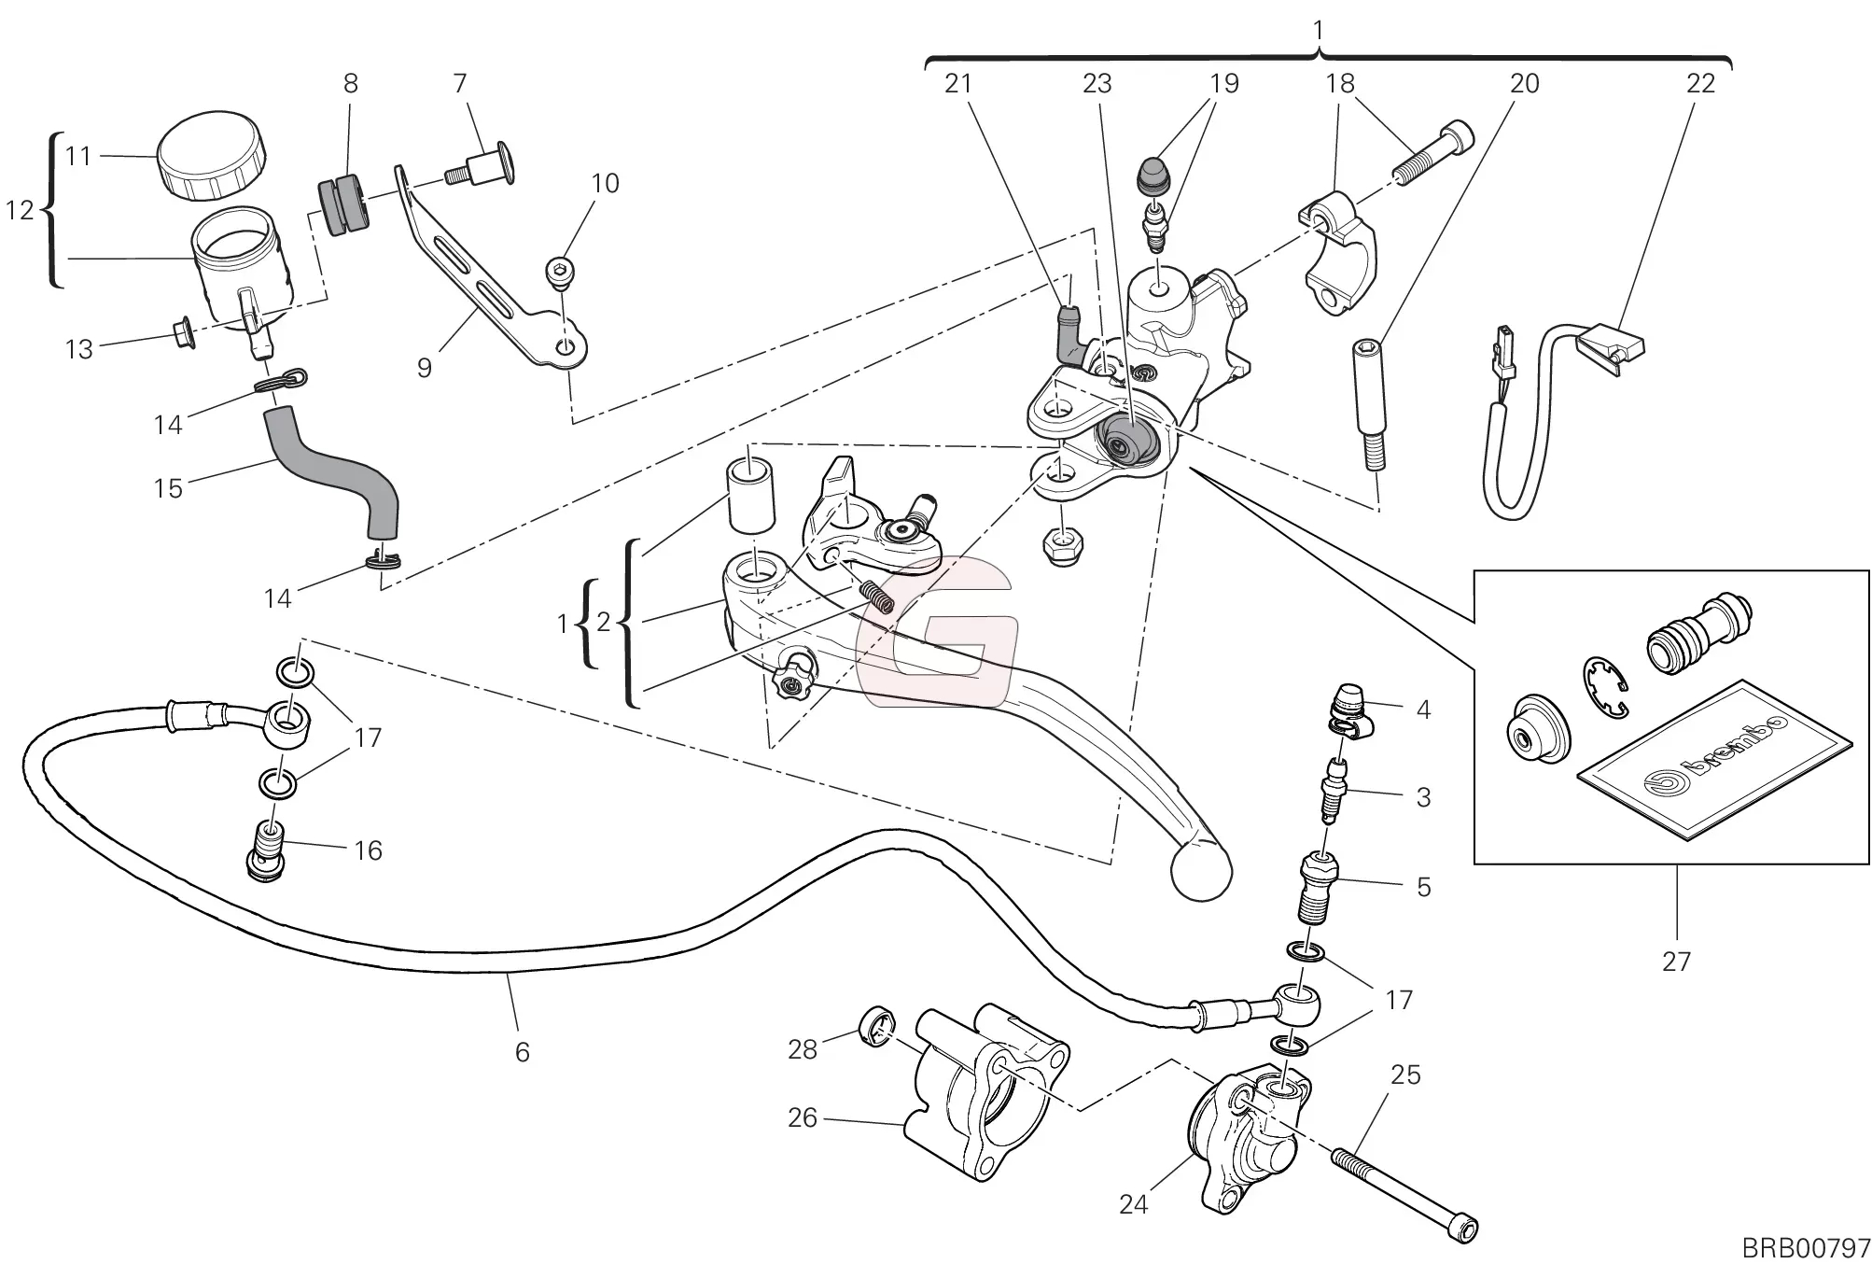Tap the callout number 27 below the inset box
1676,961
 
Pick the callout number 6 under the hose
522,1052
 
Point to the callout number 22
1700,84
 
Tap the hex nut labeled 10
559,272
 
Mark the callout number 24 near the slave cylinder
1133,1204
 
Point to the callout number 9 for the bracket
425,368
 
